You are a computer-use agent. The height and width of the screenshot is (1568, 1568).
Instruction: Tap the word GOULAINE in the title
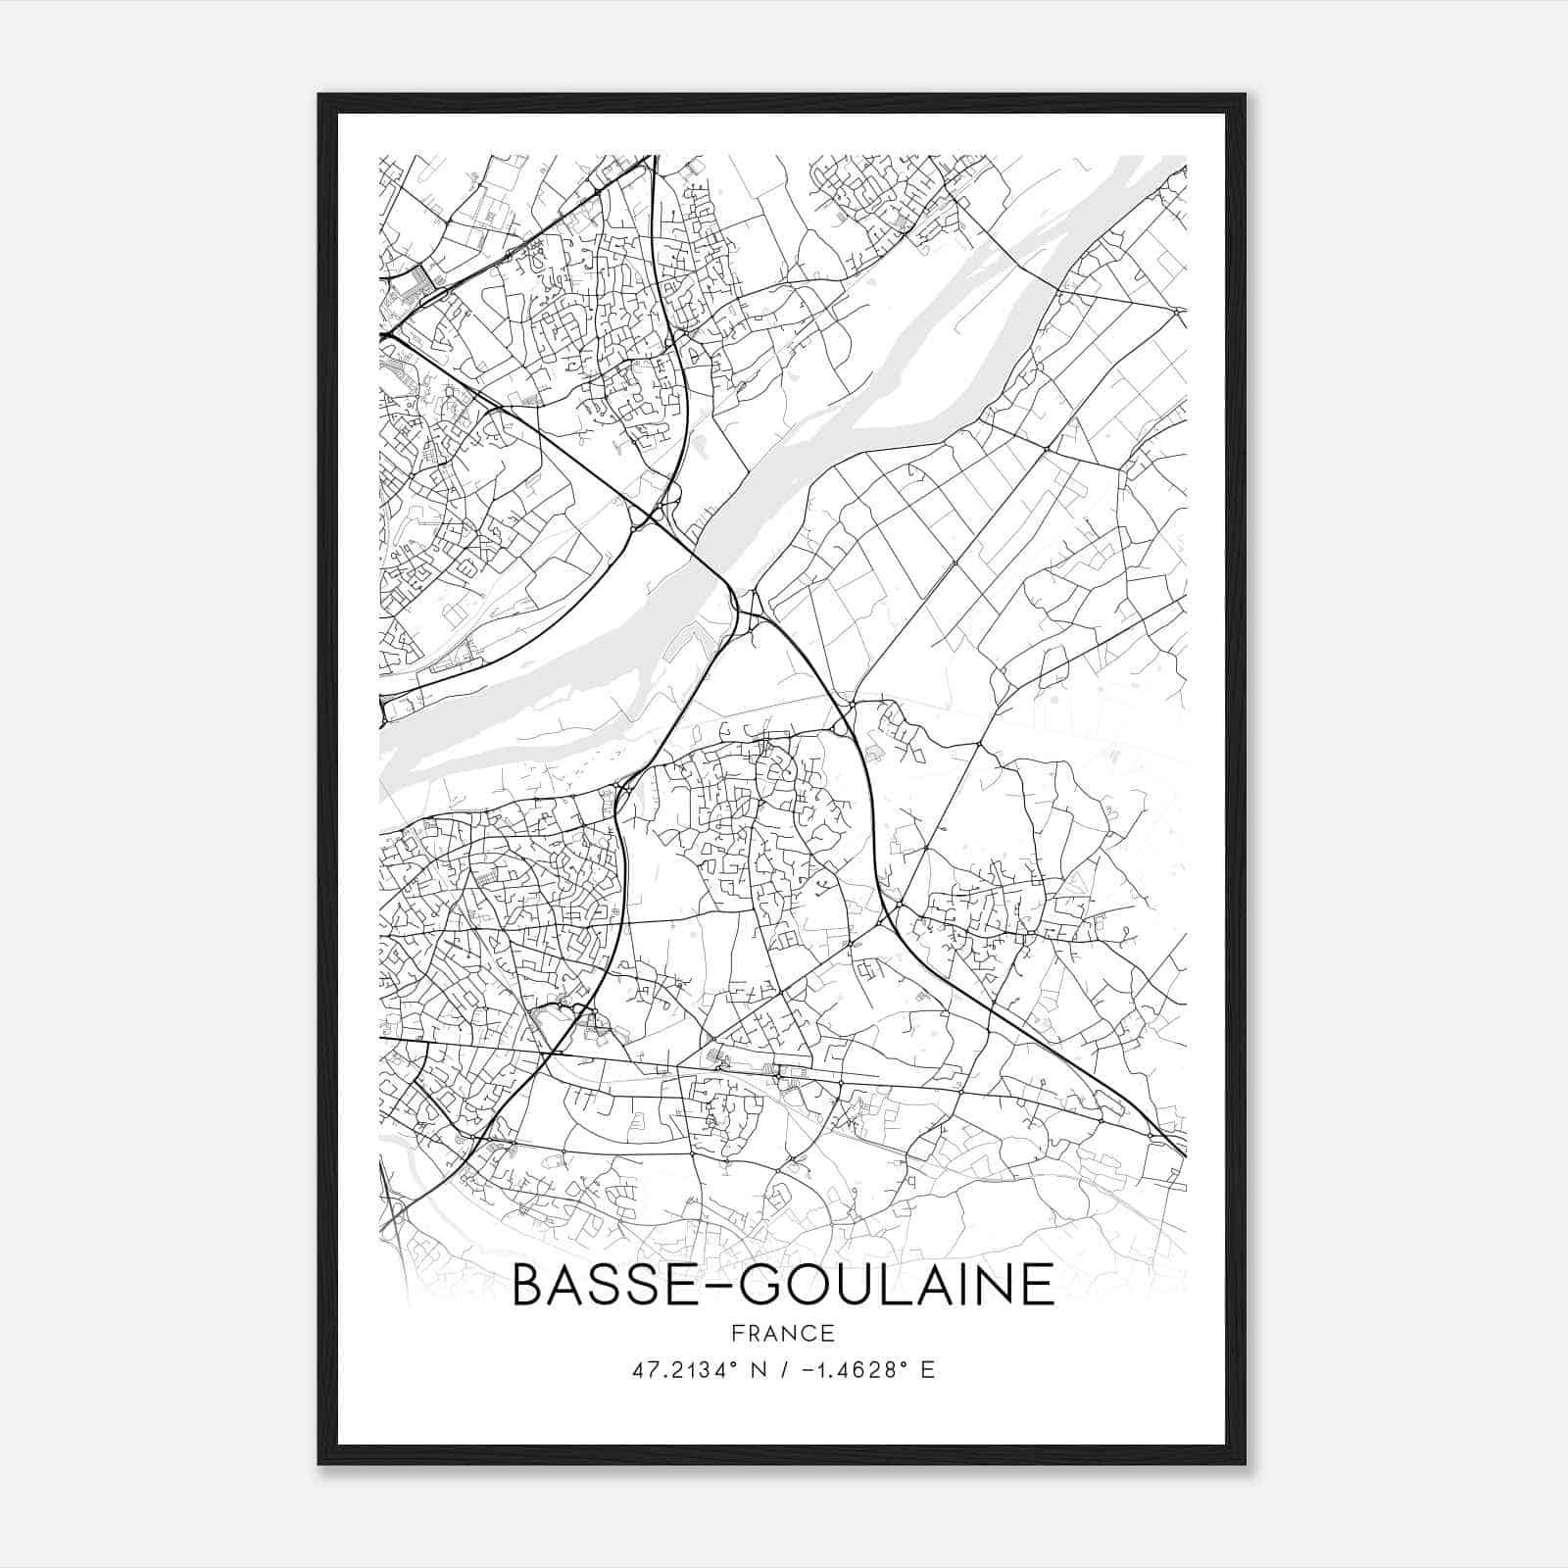pyautogui.click(x=895, y=1285)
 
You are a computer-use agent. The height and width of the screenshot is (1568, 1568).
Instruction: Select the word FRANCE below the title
pyautogui.click(x=783, y=1333)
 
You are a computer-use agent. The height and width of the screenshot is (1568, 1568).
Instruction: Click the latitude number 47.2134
pyautogui.click(x=675, y=1370)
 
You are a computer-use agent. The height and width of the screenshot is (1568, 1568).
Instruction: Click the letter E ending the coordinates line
pyautogui.click(x=927, y=1370)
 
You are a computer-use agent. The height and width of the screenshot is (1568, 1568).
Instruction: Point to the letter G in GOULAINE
pyautogui.click(x=760, y=1285)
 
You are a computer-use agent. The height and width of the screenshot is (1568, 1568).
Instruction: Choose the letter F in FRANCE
pyautogui.click(x=737, y=1333)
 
